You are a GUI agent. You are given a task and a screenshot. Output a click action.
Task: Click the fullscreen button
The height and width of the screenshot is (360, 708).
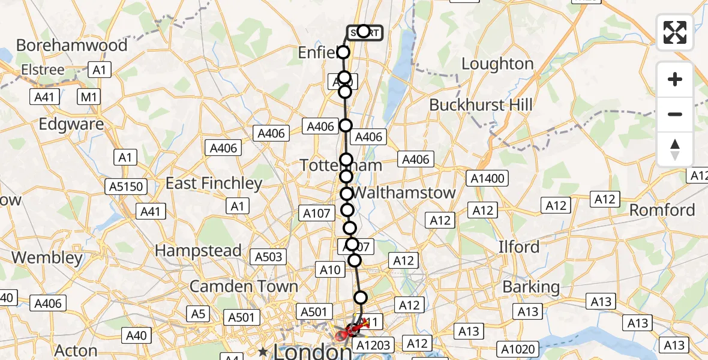675,32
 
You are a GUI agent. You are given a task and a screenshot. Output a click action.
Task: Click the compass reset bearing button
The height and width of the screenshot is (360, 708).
675,149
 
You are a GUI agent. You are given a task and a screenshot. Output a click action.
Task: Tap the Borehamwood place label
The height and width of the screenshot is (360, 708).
72,46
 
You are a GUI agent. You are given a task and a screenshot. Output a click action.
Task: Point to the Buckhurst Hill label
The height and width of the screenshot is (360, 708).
481,105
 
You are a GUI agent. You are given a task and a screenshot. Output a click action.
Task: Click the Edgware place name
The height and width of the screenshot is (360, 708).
62,124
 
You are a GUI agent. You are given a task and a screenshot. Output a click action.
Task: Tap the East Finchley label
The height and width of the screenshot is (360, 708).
214,184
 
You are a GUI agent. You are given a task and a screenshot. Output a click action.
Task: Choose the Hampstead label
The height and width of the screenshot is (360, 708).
198,251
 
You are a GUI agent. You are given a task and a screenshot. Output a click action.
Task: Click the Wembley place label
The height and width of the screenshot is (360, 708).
47,258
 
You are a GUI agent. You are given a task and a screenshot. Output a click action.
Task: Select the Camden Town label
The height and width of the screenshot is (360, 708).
244,287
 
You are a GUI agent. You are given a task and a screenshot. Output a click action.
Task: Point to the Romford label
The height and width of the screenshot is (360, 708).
662,211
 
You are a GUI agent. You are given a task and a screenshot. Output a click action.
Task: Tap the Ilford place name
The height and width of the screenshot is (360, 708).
519,247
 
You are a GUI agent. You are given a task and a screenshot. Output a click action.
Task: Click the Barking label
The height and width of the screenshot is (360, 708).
531,287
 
